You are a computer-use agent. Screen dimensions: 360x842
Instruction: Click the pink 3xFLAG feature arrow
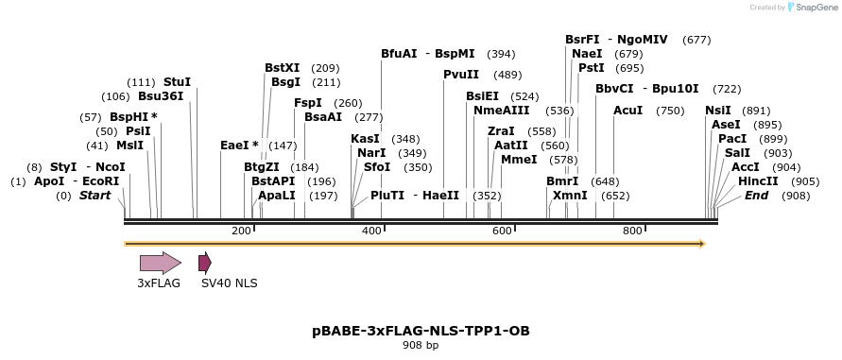(x=160, y=263)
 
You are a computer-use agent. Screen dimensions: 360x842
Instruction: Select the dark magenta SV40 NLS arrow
(x=204, y=263)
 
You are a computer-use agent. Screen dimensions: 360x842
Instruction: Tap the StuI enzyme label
(x=177, y=82)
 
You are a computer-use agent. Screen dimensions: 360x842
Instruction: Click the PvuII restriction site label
(x=461, y=75)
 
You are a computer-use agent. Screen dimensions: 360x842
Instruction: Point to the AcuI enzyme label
(x=627, y=111)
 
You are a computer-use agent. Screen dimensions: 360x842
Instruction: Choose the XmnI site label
(x=570, y=195)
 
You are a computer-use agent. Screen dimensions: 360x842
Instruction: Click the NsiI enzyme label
(x=718, y=111)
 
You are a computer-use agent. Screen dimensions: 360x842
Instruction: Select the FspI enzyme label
(x=308, y=103)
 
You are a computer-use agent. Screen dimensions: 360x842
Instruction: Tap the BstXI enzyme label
(x=282, y=68)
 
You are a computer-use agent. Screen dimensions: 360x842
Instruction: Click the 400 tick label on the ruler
(x=371, y=231)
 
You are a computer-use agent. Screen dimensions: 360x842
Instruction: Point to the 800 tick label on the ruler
(x=632, y=231)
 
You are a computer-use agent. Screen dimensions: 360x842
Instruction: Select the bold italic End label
(x=757, y=195)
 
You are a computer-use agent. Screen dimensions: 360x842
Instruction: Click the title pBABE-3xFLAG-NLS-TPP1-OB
(x=421, y=331)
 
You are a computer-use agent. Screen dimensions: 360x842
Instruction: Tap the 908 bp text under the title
(x=421, y=346)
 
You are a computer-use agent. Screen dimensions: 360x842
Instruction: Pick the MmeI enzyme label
(x=519, y=159)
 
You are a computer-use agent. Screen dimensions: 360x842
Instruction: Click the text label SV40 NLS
(x=229, y=283)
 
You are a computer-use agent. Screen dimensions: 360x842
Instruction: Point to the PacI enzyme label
(x=732, y=138)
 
